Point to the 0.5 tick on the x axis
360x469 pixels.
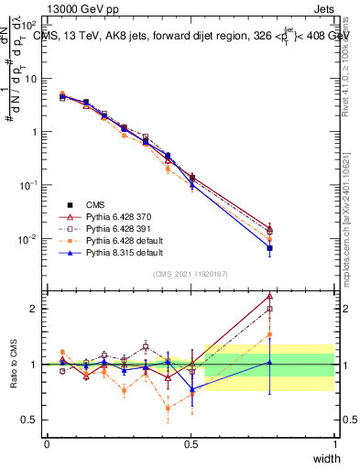point(191,444)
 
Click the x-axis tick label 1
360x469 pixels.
point(335,444)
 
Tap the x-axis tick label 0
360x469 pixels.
point(47,444)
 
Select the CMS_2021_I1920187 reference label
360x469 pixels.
point(191,274)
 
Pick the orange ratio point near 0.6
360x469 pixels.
point(168,409)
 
